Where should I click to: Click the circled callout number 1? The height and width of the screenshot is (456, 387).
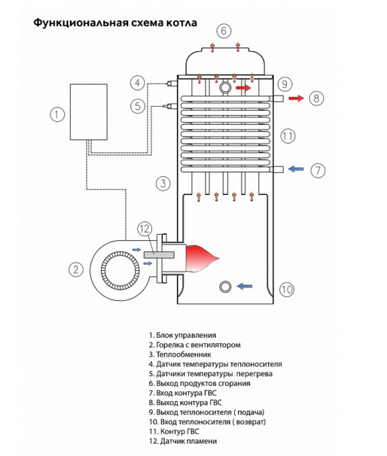[x=57, y=114]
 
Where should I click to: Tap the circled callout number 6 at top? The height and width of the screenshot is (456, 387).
[x=224, y=31]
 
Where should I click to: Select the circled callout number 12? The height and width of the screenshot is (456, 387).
[x=145, y=229]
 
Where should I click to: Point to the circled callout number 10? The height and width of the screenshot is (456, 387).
[x=287, y=290]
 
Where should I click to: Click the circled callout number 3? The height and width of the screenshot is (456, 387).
[x=163, y=184]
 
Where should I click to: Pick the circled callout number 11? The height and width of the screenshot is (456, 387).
[x=288, y=135]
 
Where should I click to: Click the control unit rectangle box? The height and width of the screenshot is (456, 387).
[x=89, y=112]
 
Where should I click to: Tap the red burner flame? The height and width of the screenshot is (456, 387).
[x=202, y=258]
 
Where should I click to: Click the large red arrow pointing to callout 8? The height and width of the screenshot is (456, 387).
[x=296, y=99]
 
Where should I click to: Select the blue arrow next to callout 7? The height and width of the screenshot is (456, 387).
[x=296, y=169]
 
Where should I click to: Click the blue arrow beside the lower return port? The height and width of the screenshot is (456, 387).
[x=245, y=287]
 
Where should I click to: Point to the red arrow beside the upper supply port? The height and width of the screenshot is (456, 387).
[x=243, y=87]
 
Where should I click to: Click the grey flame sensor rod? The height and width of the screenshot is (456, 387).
[x=159, y=255]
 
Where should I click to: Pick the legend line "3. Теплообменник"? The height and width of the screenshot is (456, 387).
[x=180, y=354]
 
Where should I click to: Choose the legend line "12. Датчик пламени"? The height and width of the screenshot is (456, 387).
[x=183, y=441]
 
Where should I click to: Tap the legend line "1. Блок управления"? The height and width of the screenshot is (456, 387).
[x=182, y=336]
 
